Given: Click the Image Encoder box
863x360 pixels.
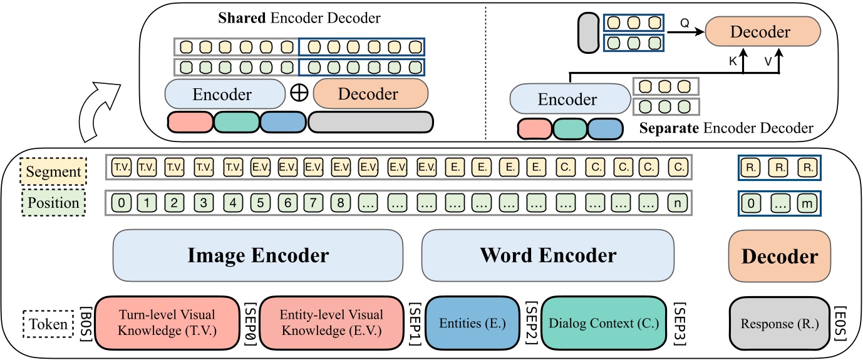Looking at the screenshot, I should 257,255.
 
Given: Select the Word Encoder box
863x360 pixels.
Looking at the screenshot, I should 548,255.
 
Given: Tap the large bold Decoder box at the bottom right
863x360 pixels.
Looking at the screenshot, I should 779,256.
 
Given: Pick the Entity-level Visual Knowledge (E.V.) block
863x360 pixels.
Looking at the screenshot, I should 332,322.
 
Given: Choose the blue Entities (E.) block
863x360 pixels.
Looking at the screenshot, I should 473,323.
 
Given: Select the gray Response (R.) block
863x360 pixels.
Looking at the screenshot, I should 779,324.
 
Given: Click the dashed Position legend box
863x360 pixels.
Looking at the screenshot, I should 52,203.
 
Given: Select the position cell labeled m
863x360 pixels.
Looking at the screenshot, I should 807,203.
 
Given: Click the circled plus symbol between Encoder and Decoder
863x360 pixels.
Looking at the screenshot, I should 299,94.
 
